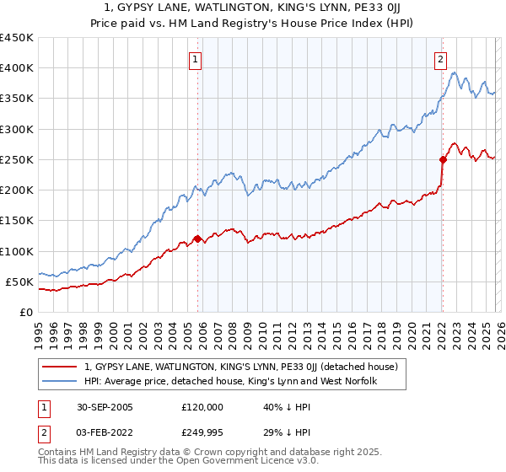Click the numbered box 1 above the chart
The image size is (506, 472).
195,59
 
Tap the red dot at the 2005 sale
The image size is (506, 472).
198,239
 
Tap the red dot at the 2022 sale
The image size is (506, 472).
442,159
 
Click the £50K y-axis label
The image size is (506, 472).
20,282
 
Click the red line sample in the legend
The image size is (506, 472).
61,367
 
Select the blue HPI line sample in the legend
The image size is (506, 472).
61,382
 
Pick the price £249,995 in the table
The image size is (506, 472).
202,433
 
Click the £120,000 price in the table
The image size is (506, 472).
202,406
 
